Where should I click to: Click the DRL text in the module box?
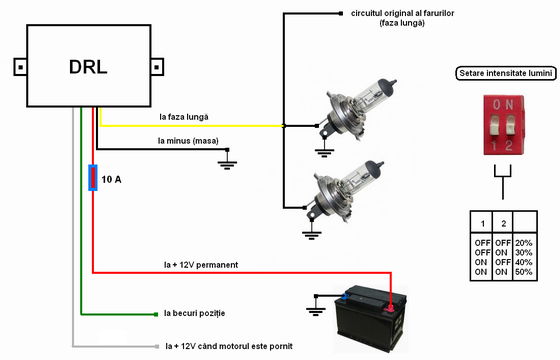tap(88, 67)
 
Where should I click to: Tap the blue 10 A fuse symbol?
tap(93, 178)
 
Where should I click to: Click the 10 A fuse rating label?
tap(111, 179)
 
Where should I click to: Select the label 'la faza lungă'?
tap(184, 117)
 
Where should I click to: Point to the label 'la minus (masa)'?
tap(188, 141)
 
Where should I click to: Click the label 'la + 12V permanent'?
tap(201, 265)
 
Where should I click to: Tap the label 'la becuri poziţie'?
tap(195, 313)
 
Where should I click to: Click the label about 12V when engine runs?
tap(229, 346)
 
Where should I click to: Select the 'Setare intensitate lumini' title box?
tap(506, 73)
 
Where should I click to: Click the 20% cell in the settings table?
tap(524, 243)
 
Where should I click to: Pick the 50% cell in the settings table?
tap(524, 272)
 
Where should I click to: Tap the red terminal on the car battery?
tap(390, 308)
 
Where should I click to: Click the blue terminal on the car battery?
tap(345, 296)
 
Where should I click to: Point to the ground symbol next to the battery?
tap(316, 309)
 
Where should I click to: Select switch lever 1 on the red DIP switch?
tap(495, 125)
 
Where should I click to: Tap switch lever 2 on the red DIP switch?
tap(511, 125)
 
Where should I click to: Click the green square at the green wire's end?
tap(156, 314)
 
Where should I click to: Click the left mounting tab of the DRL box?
tap(20, 67)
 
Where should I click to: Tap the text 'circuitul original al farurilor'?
tap(402, 13)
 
